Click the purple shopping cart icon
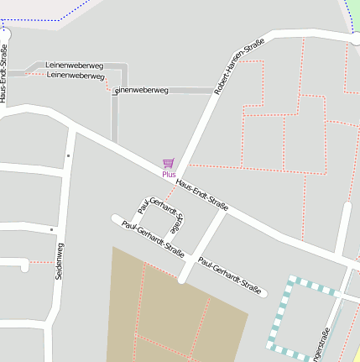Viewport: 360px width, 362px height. click(169, 163)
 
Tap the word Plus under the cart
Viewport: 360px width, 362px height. click(169, 174)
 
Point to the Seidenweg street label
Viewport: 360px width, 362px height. click(59, 261)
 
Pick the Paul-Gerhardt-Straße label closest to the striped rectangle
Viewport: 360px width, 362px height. click(230, 275)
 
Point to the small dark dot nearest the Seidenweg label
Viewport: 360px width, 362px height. click(51, 229)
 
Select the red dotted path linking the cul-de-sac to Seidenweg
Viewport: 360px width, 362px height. click(41, 262)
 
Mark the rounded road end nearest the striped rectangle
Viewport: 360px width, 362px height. click(263, 294)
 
